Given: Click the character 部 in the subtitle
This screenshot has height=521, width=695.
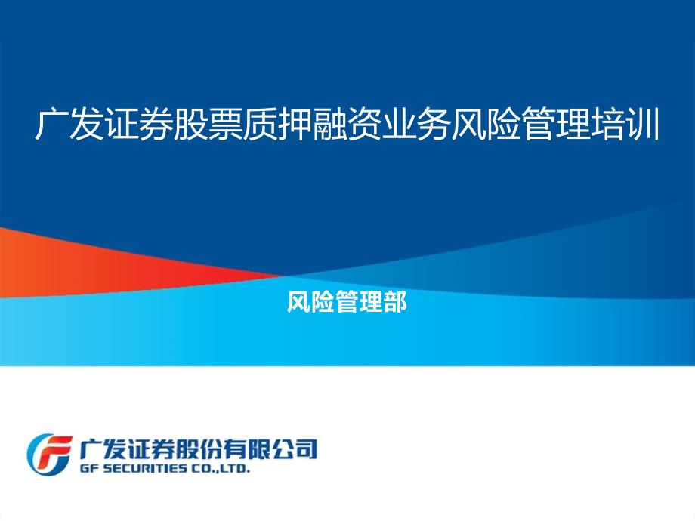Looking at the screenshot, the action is coord(395,302).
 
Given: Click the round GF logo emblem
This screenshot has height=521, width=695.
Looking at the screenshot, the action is coord(49,454).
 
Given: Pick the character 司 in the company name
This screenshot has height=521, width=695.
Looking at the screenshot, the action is coord(306,449).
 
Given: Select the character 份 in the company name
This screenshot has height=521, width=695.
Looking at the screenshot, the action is coord(211,449).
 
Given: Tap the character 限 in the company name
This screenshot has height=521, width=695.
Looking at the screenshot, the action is coord(258,449).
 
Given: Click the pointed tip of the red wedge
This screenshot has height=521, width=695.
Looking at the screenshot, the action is coord(283,276).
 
